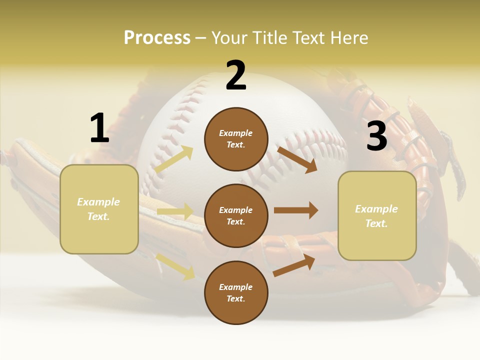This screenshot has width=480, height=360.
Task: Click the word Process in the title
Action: pyautogui.click(x=157, y=38)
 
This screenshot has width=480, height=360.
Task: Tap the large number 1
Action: pyautogui.click(x=99, y=128)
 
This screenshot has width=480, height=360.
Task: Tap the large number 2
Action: pyautogui.click(x=236, y=76)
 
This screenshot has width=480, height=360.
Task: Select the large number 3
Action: pyautogui.click(x=376, y=136)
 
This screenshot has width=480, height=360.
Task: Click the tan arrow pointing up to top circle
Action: pyautogui.click(x=174, y=159)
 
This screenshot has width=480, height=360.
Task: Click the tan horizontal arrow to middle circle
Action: pyautogui.click(x=175, y=211)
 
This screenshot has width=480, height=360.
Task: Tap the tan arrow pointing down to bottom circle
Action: pyautogui.click(x=175, y=266)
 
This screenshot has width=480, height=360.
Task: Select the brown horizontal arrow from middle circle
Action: pyautogui.click(x=296, y=210)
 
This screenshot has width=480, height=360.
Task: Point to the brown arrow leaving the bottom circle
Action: pyautogui.click(x=294, y=265)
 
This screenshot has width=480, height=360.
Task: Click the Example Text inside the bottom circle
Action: pyautogui.click(x=236, y=293)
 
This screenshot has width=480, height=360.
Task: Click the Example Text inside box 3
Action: pyautogui.click(x=376, y=216)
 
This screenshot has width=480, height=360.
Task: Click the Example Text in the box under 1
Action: pyautogui.click(x=98, y=209)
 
